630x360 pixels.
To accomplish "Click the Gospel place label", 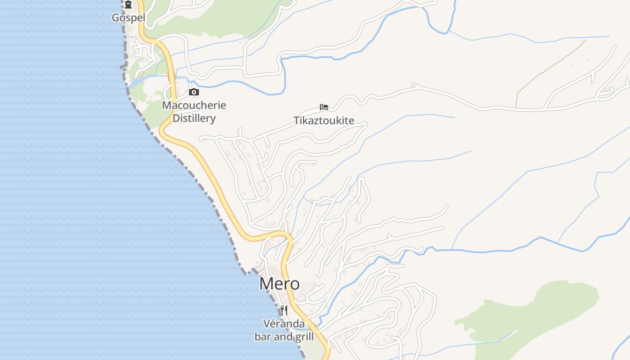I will point(128,18).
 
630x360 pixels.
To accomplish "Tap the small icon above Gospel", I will point(128,5).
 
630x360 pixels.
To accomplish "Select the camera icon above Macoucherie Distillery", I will point(194,92).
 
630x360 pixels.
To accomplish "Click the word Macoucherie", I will point(194,105).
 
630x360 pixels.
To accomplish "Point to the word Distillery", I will point(194,118).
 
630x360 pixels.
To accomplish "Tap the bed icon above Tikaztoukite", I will point(324,107).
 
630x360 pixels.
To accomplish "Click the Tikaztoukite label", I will point(324,121).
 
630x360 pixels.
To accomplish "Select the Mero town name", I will point(279,283).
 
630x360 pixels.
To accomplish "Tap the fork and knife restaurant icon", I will point(283,310).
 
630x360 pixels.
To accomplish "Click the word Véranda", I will point(283,324).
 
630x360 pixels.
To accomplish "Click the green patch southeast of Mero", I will point(540,315).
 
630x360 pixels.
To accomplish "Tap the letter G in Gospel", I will point(115,18).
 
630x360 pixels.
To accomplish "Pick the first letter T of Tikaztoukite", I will point(297,121).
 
